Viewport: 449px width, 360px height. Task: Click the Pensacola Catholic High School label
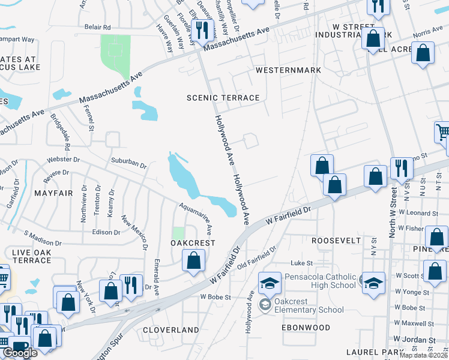pos(313,280)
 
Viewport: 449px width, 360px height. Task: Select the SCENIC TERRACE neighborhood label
pos(223,98)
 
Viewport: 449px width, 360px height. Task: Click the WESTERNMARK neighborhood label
pos(288,70)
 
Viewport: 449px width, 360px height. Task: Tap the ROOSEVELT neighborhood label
pos(336,240)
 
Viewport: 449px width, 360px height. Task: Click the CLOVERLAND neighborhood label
pos(170,330)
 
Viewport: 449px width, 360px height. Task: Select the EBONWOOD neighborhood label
pos(306,328)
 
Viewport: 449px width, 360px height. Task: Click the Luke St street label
pos(298,263)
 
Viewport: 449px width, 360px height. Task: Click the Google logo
pos(20,353)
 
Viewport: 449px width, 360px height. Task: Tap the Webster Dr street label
pos(64,160)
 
